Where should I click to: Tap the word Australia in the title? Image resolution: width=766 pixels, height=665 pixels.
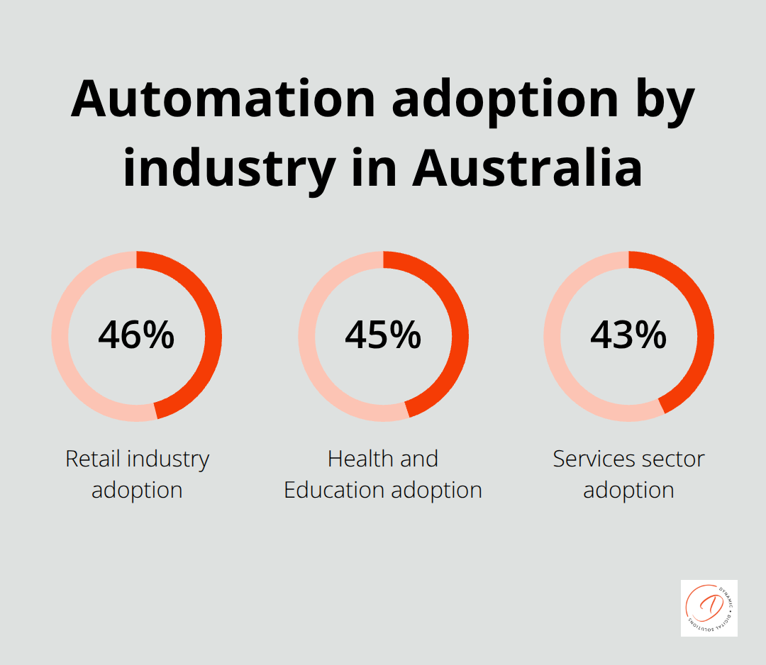528,168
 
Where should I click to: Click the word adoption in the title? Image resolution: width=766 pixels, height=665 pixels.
505,99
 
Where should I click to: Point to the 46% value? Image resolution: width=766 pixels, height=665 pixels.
136,335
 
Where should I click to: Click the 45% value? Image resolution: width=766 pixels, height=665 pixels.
383,335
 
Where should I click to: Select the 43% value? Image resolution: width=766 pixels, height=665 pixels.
628,335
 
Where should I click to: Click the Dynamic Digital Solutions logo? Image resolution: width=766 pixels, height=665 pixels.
709,608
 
